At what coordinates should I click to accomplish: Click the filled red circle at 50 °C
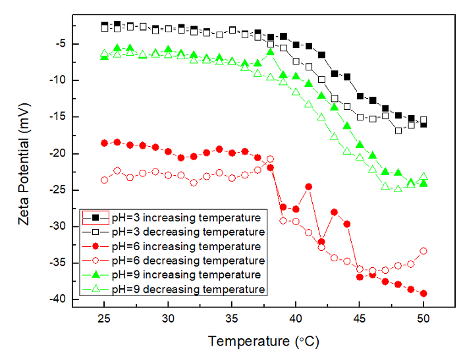[423, 294]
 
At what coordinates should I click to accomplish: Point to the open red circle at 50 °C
[423, 251]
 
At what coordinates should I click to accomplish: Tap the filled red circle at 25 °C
[104, 143]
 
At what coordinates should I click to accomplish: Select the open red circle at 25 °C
[104, 180]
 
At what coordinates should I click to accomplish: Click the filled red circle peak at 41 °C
[308, 187]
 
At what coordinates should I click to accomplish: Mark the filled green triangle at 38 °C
[270, 52]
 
